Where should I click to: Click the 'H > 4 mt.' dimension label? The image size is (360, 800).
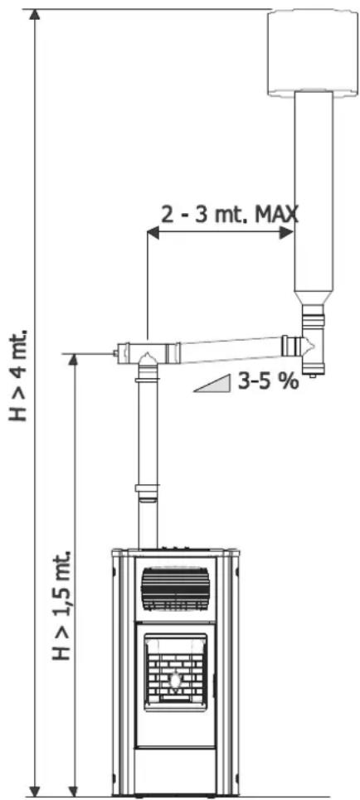pyautogui.click(x=18, y=376)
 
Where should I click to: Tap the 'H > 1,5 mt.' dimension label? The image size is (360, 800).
pyautogui.click(x=61, y=605)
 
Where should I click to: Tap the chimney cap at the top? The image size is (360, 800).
pyautogui.click(x=314, y=51)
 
